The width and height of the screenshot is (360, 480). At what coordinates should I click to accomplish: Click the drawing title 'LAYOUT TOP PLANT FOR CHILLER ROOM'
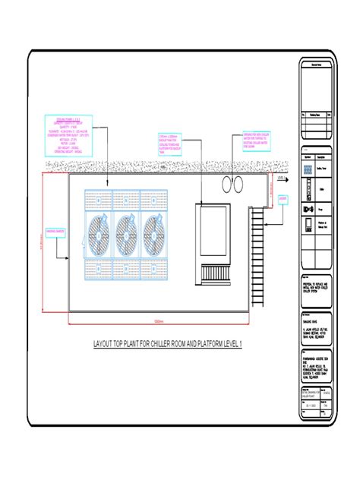click(167, 346)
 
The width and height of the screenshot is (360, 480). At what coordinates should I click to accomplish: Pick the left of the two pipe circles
click(226, 185)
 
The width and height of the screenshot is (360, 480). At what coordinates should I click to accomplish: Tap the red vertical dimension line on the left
click(43, 243)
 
